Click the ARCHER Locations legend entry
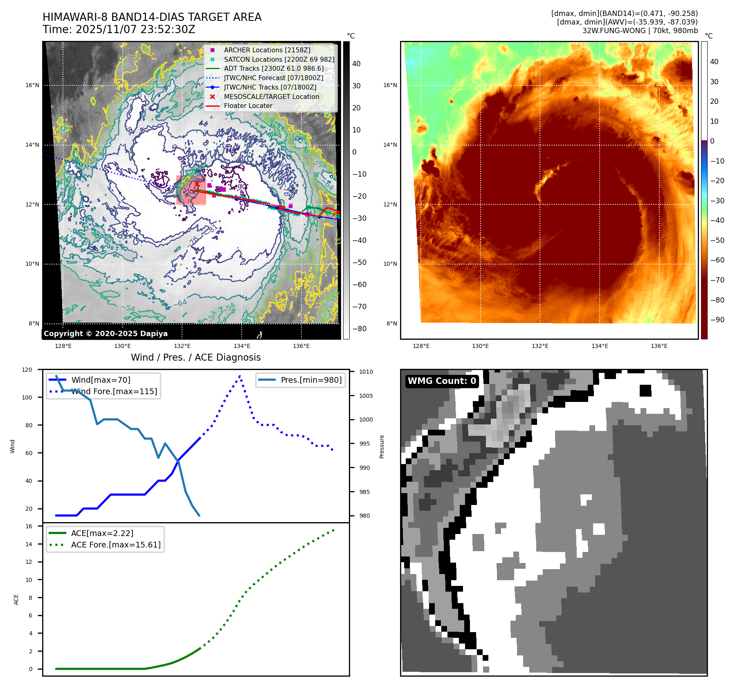point(267,50)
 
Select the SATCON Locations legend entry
point(279,59)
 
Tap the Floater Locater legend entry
point(248,105)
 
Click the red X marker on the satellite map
point(197,184)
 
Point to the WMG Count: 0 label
point(442,381)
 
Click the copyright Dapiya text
point(106,334)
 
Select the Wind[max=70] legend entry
point(101,380)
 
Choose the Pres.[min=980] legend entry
point(311,380)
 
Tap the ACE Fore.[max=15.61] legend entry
point(116,545)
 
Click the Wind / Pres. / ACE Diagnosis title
point(196,357)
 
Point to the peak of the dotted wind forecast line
point(240,375)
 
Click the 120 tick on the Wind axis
point(27,370)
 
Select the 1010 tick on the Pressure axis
point(366,372)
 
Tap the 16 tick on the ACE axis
point(29,526)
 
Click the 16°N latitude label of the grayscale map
point(32,85)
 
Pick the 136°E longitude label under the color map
point(659,346)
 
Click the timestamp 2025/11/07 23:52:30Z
point(135,29)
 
